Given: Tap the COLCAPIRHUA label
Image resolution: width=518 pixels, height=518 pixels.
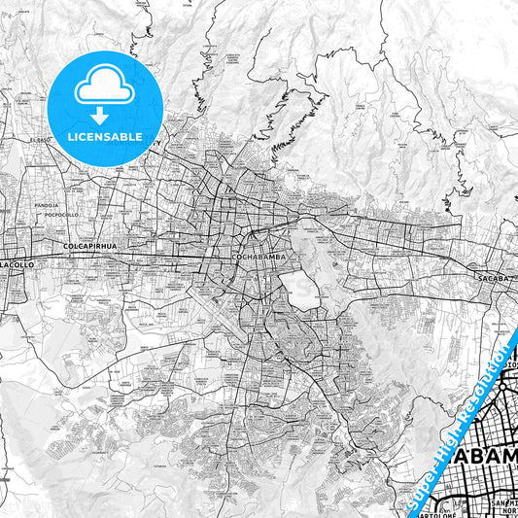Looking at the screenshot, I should (x=89, y=246).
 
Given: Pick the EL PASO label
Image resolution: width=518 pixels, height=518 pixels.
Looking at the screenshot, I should (x=40, y=141).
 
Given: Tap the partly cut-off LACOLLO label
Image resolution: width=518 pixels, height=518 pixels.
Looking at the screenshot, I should (x=17, y=263).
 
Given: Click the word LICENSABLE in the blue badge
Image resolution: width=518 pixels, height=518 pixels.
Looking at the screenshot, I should (x=105, y=136).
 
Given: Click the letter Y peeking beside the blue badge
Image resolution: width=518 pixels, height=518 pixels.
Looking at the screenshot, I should (x=160, y=142).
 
